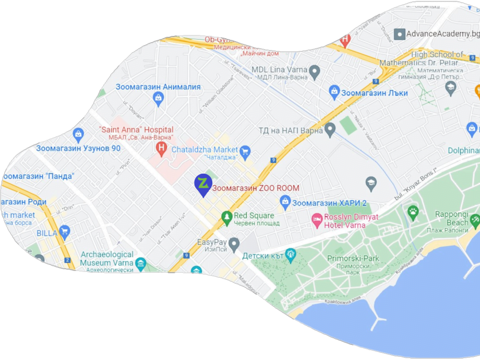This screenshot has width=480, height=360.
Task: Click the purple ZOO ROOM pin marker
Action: (x=202, y=184)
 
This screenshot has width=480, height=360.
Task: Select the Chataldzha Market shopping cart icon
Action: (x=245, y=152)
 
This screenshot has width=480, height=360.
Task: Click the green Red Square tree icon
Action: (x=226, y=217)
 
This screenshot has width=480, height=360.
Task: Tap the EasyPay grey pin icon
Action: (x=234, y=243)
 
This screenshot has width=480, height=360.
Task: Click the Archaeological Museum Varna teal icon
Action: (x=140, y=264)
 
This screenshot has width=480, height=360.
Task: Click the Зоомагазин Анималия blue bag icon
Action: (x=159, y=98)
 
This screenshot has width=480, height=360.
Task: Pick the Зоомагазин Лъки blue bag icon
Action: (x=334, y=92)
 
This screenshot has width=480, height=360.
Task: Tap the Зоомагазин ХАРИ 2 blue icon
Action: (x=285, y=201)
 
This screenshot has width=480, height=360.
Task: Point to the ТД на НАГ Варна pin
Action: (x=330, y=129)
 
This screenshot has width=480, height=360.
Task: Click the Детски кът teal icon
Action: (x=291, y=255)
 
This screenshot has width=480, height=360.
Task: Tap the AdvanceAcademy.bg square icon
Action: (x=400, y=34)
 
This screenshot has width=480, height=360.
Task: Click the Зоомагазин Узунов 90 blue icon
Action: (x=78, y=135)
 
